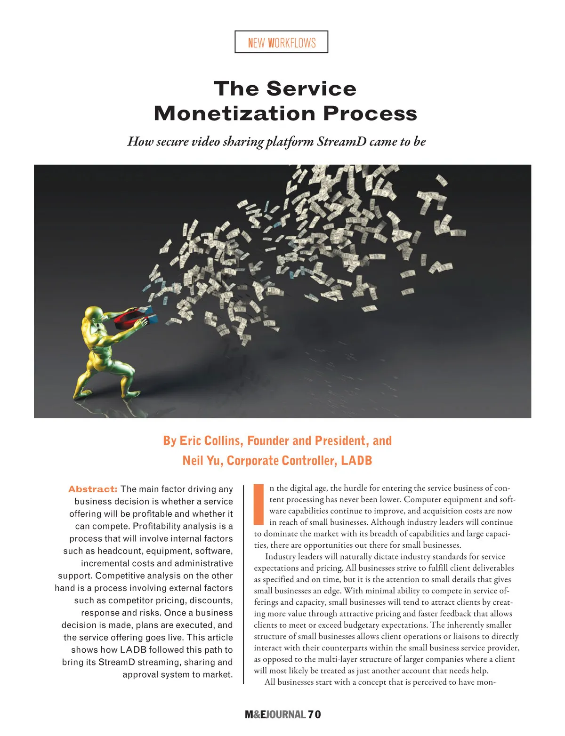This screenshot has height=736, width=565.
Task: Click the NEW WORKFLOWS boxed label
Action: pyautogui.click(x=281, y=42)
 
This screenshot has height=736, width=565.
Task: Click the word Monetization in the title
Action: pyautogui.click(x=234, y=113)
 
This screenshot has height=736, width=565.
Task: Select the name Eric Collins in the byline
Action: pyautogui.click(x=211, y=441)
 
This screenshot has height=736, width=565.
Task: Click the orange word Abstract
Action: pyautogui.click(x=93, y=489)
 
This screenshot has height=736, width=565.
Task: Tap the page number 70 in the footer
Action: pyautogui.click(x=315, y=714)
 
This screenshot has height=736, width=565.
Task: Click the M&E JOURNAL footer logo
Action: pyautogui.click(x=275, y=714)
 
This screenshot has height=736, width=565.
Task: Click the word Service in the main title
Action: pyautogui.click(x=311, y=89)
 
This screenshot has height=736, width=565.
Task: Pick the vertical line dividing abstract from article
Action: pyautogui.click(x=243, y=584)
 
